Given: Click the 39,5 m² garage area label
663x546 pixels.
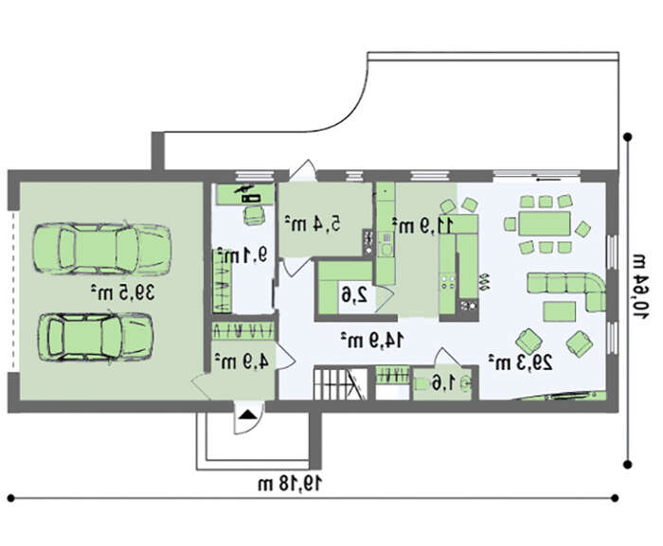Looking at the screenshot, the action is coord(122,292).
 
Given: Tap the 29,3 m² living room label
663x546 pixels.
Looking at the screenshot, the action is coord(521,362).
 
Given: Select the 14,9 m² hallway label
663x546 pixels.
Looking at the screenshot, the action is coord(372,340).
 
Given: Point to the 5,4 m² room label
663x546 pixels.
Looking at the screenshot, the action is coord(313,223).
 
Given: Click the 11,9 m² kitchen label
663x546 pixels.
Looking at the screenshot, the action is coord(422,225).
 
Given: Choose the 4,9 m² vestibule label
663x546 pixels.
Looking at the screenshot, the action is coord(242,361).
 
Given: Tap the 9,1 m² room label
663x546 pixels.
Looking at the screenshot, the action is coord(242,255).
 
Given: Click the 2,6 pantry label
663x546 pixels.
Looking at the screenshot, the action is coord(354,295).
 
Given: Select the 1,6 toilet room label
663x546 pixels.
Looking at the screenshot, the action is coord(443,383).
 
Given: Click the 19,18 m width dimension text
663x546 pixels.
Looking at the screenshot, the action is coord(290,484).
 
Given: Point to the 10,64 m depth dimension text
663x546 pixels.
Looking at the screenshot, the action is coord(640,287).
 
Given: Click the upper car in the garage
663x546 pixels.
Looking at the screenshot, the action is coord(102,249).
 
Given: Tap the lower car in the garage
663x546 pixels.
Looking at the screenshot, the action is coord(96,337).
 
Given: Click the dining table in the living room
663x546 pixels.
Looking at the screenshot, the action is coord(545,223).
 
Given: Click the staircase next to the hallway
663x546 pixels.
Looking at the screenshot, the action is coord(340,384).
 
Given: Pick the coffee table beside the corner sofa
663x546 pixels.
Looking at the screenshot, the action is coord(559,312).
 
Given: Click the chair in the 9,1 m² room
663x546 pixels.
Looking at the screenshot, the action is coord(254,215).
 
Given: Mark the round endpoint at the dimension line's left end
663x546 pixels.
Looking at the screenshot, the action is coord(11,499).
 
